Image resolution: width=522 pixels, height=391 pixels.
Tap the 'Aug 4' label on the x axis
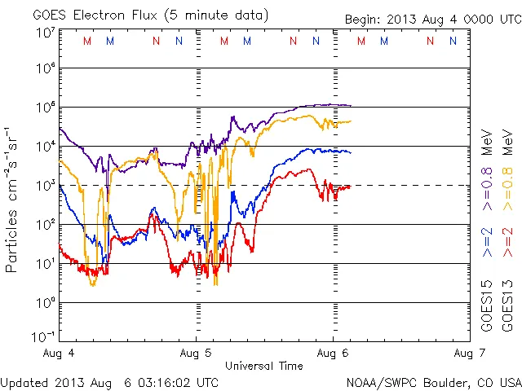click(x=61, y=354)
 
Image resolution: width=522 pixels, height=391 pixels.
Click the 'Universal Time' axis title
click(x=264, y=366)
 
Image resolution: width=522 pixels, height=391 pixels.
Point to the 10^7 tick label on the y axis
click(x=46, y=32)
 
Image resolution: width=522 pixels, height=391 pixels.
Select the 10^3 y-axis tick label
click(x=46, y=187)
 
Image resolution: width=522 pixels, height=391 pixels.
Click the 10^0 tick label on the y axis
click(x=46, y=303)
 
